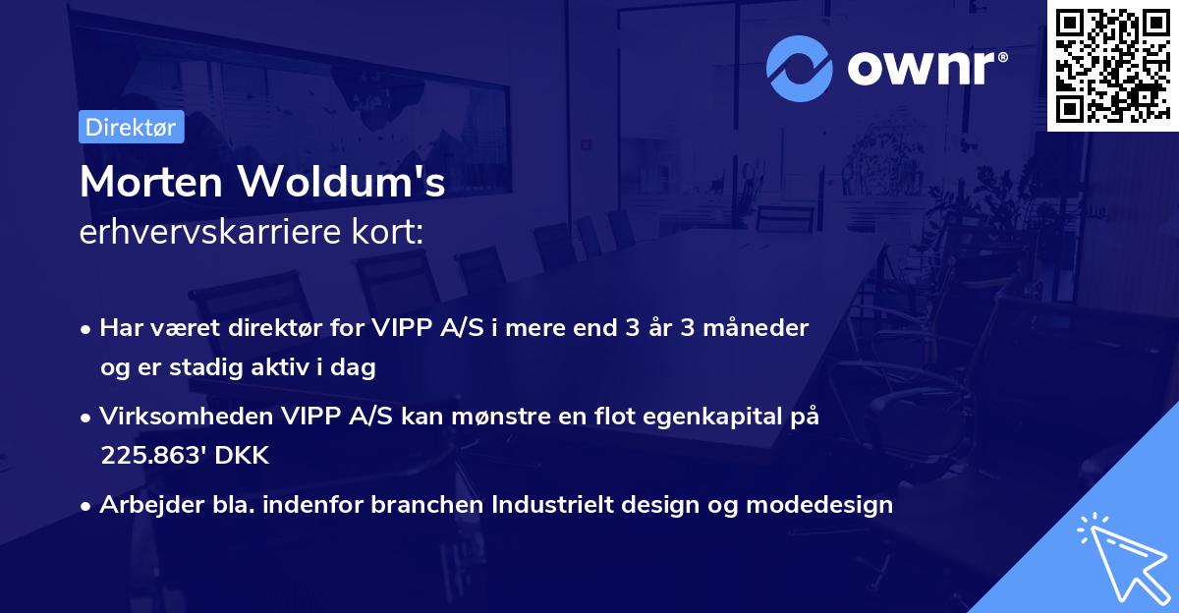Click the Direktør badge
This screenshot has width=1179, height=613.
coord(132,127)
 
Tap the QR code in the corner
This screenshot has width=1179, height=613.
coord(1112,66)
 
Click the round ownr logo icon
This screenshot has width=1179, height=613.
coord(800,68)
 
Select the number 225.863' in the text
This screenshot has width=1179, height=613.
coord(149,456)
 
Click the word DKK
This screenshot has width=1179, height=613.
coord(241,456)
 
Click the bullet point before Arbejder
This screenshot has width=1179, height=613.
coord(87,506)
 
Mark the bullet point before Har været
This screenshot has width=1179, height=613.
coord(87,329)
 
